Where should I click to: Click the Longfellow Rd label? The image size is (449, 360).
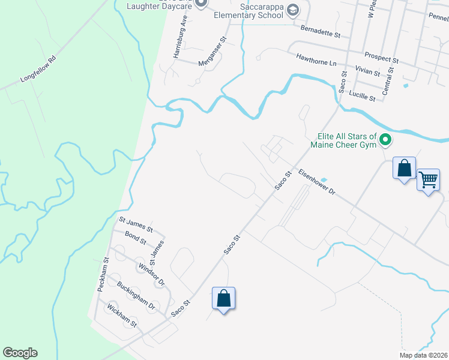tap(38, 69)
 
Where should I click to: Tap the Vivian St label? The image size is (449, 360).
tap(367, 72)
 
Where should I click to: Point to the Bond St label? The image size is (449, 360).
tap(135, 239)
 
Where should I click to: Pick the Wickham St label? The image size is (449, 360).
tap(122, 316)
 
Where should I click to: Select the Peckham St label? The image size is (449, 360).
tap(101, 275)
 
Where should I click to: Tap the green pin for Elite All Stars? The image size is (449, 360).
tap(385, 141)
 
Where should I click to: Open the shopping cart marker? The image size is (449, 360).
tap(428, 179)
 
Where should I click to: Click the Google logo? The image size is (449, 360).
tap(20, 352)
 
